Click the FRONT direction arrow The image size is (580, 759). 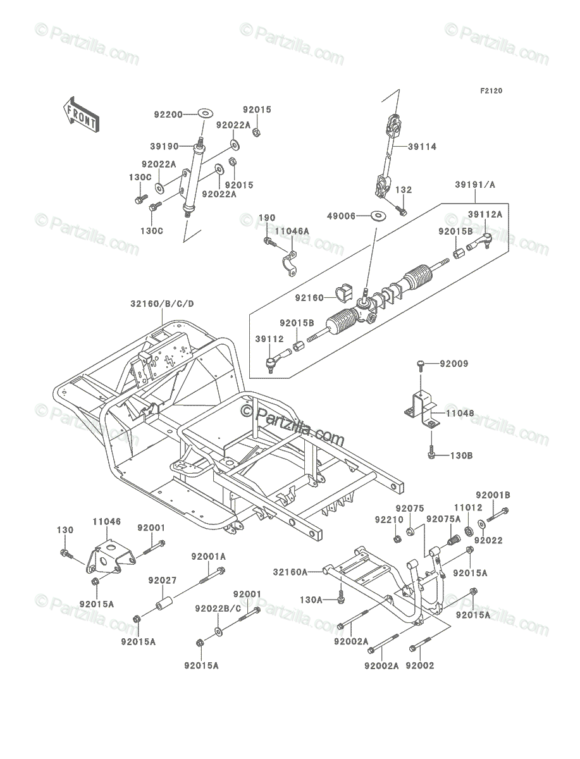(81, 114)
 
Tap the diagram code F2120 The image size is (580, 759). (491, 91)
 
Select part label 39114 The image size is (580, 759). (422, 147)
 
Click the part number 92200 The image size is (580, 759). (168, 114)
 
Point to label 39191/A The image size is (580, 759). (475, 185)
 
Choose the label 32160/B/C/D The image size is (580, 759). (162, 304)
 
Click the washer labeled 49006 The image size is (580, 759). (379, 216)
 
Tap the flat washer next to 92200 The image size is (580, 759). (206, 113)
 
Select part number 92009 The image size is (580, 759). (454, 364)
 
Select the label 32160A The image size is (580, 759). (290, 572)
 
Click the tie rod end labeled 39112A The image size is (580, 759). (480, 242)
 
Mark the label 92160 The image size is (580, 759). (309, 297)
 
